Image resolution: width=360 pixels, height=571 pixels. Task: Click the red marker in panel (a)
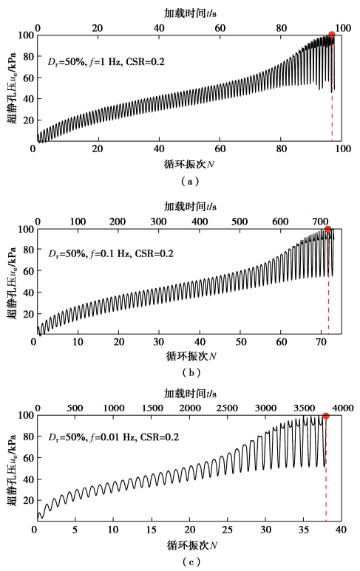tap(332, 35)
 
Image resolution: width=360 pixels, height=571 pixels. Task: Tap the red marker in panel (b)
tap(328, 230)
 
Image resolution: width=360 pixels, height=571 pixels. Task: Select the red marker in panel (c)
tap(326, 416)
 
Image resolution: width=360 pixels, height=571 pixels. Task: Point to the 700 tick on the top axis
tap(321, 222)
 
